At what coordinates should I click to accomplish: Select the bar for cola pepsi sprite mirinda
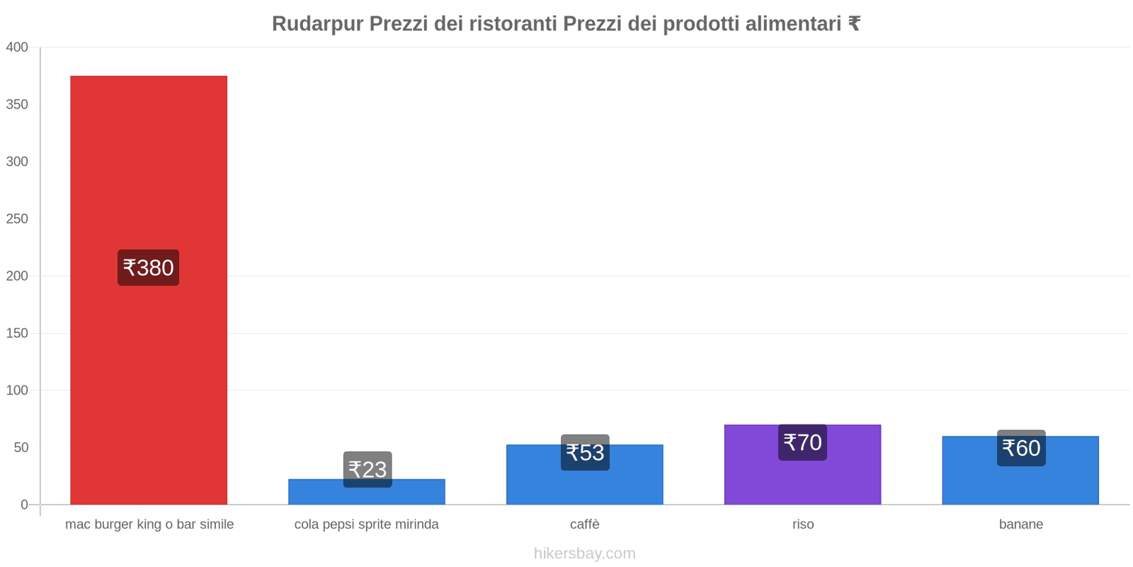point(366,495)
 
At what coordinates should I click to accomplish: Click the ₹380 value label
point(148,268)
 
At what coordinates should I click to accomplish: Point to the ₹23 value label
point(368,469)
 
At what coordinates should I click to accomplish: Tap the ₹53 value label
point(585,452)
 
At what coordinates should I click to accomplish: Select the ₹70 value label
point(802,442)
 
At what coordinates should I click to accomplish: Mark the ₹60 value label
point(1021,448)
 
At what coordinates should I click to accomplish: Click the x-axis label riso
point(803,524)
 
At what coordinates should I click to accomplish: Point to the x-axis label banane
point(1020,524)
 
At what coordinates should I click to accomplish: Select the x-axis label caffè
point(584,524)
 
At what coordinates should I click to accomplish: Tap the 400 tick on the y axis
point(17,47)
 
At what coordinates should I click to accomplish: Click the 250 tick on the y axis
point(17,219)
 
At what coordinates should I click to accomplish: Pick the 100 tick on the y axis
point(17,391)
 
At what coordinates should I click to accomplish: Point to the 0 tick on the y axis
point(24,505)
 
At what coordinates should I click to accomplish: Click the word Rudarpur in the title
point(317,24)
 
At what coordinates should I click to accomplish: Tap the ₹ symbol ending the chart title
point(854,24)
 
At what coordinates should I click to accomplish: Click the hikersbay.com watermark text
point(584,554)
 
